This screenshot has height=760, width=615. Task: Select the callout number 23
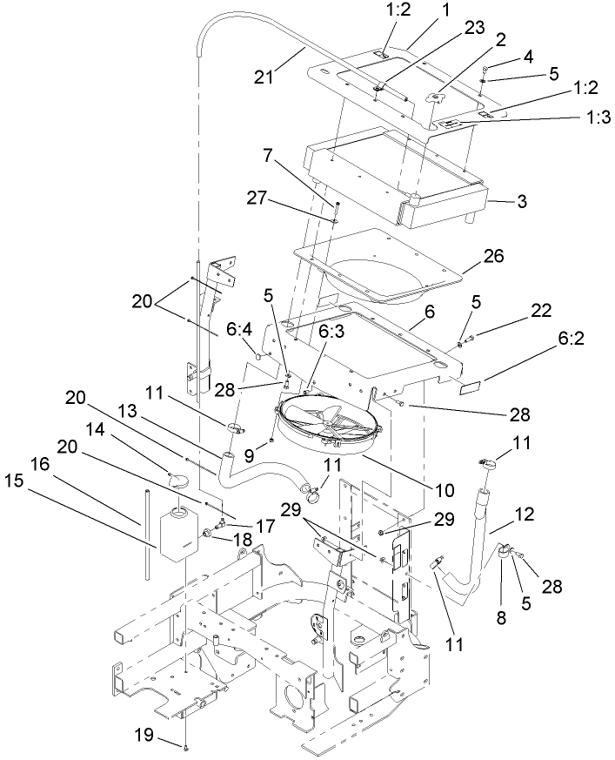(475, 28)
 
